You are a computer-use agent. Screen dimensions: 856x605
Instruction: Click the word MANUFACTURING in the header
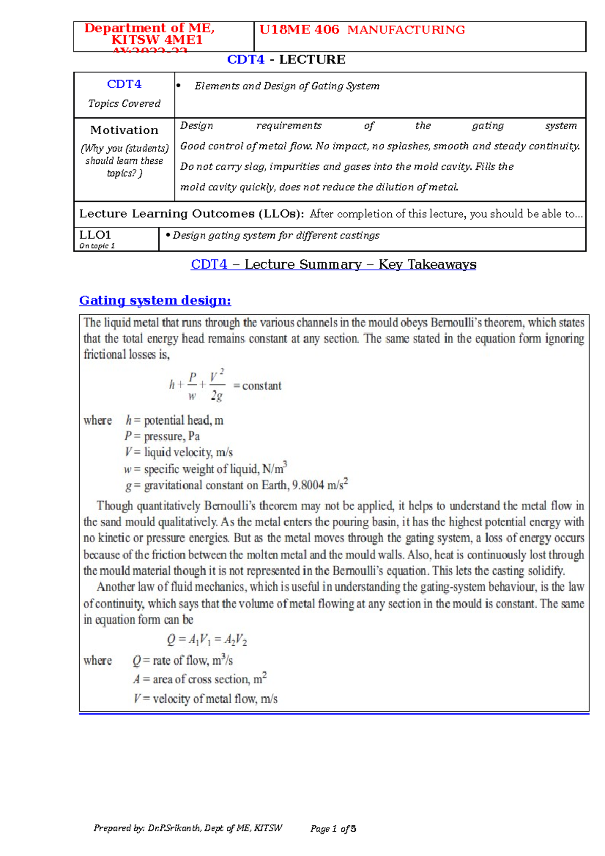pyautogui.click(x=406, y=30)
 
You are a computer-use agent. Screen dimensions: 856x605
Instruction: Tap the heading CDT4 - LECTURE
pyautogui.click(x=286, y=59)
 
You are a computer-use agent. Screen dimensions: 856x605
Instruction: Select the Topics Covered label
pyautogui.click(x=124, y=103)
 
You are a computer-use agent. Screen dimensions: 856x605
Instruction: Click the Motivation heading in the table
pyautogui.click(x=124, y=130)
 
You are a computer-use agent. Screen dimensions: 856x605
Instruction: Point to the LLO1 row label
pyautogui.click(x=95, y=235)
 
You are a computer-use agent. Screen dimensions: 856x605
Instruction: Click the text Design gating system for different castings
pyautogui.click(x=276, y=235)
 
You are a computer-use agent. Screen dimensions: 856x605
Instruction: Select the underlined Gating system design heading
pyautogui.click(x=155, y=300)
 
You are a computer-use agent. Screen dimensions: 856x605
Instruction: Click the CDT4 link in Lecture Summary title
pyautogui.click(x=209, y=265)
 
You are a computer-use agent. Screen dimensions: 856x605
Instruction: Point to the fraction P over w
pyautogui.click(x=192, y=386)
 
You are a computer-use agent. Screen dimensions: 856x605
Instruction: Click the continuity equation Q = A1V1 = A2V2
pyautogui.click(x=207, y=640)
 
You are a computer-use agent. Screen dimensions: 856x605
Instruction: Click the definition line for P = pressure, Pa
pyautogui.click(x=162, y=436)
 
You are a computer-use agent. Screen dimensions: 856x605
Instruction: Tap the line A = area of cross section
pyautogui.click(x=200, y=679)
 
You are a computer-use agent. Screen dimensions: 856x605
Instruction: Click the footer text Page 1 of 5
pyautogui.click(x=333, y=829)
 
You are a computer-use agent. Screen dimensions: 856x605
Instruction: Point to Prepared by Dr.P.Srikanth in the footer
pyautogui.click(x=188, y=828)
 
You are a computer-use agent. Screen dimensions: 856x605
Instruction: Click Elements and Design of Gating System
pyautogui.click(x=287, y=86)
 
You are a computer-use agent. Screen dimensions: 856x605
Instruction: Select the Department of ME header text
pyautogui.click(x=149, y=29)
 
